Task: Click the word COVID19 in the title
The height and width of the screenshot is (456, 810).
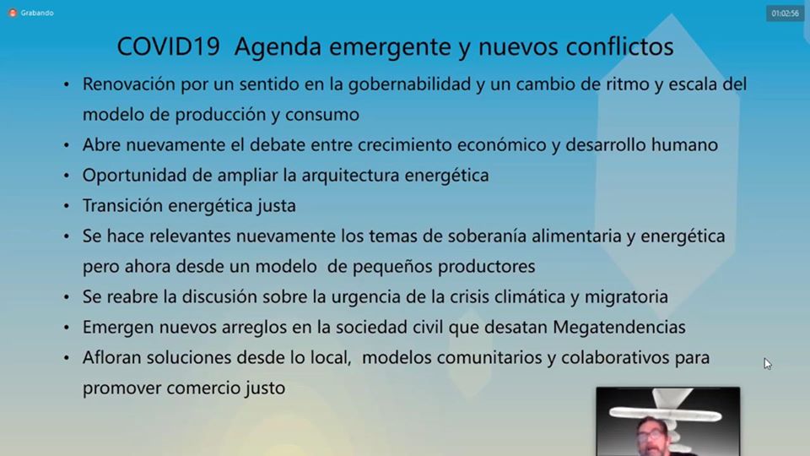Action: [x=169, y=46]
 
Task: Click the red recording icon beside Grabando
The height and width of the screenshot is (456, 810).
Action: [x=13, y=13]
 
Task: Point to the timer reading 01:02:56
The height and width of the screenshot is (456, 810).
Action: [x=786, y=14]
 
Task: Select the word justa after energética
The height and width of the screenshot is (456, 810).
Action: [x=277, y=206]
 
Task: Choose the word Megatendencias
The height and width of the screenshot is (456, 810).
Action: [x=618, y=328]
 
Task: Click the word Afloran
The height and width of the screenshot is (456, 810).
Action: [x=111, y=358]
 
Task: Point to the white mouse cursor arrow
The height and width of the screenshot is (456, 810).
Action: [x=768, y=364]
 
